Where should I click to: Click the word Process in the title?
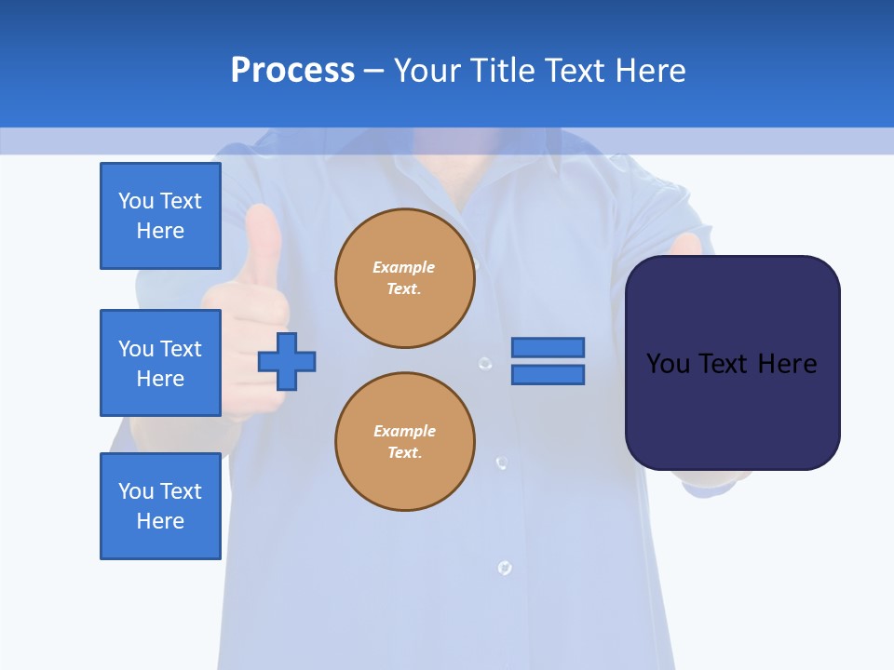(292, 71)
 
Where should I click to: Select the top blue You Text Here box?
(160, 216)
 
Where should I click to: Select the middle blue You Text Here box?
(160, 363)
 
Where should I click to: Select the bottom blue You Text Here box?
(160, 506)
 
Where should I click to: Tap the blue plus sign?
(287, 361)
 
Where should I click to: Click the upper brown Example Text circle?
(404, 278)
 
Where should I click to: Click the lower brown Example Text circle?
(404, 442)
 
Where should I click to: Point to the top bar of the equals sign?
(548, 347)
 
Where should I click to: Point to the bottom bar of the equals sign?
(548, 375)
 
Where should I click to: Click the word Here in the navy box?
(787, 364)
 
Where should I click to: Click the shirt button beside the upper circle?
(484, 364)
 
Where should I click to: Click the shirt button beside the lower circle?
(501, 462)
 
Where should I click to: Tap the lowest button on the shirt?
(504, 567)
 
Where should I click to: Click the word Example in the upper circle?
(403, 267)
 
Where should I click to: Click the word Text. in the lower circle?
(404, 453)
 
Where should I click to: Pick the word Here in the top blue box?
(160, 231)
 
